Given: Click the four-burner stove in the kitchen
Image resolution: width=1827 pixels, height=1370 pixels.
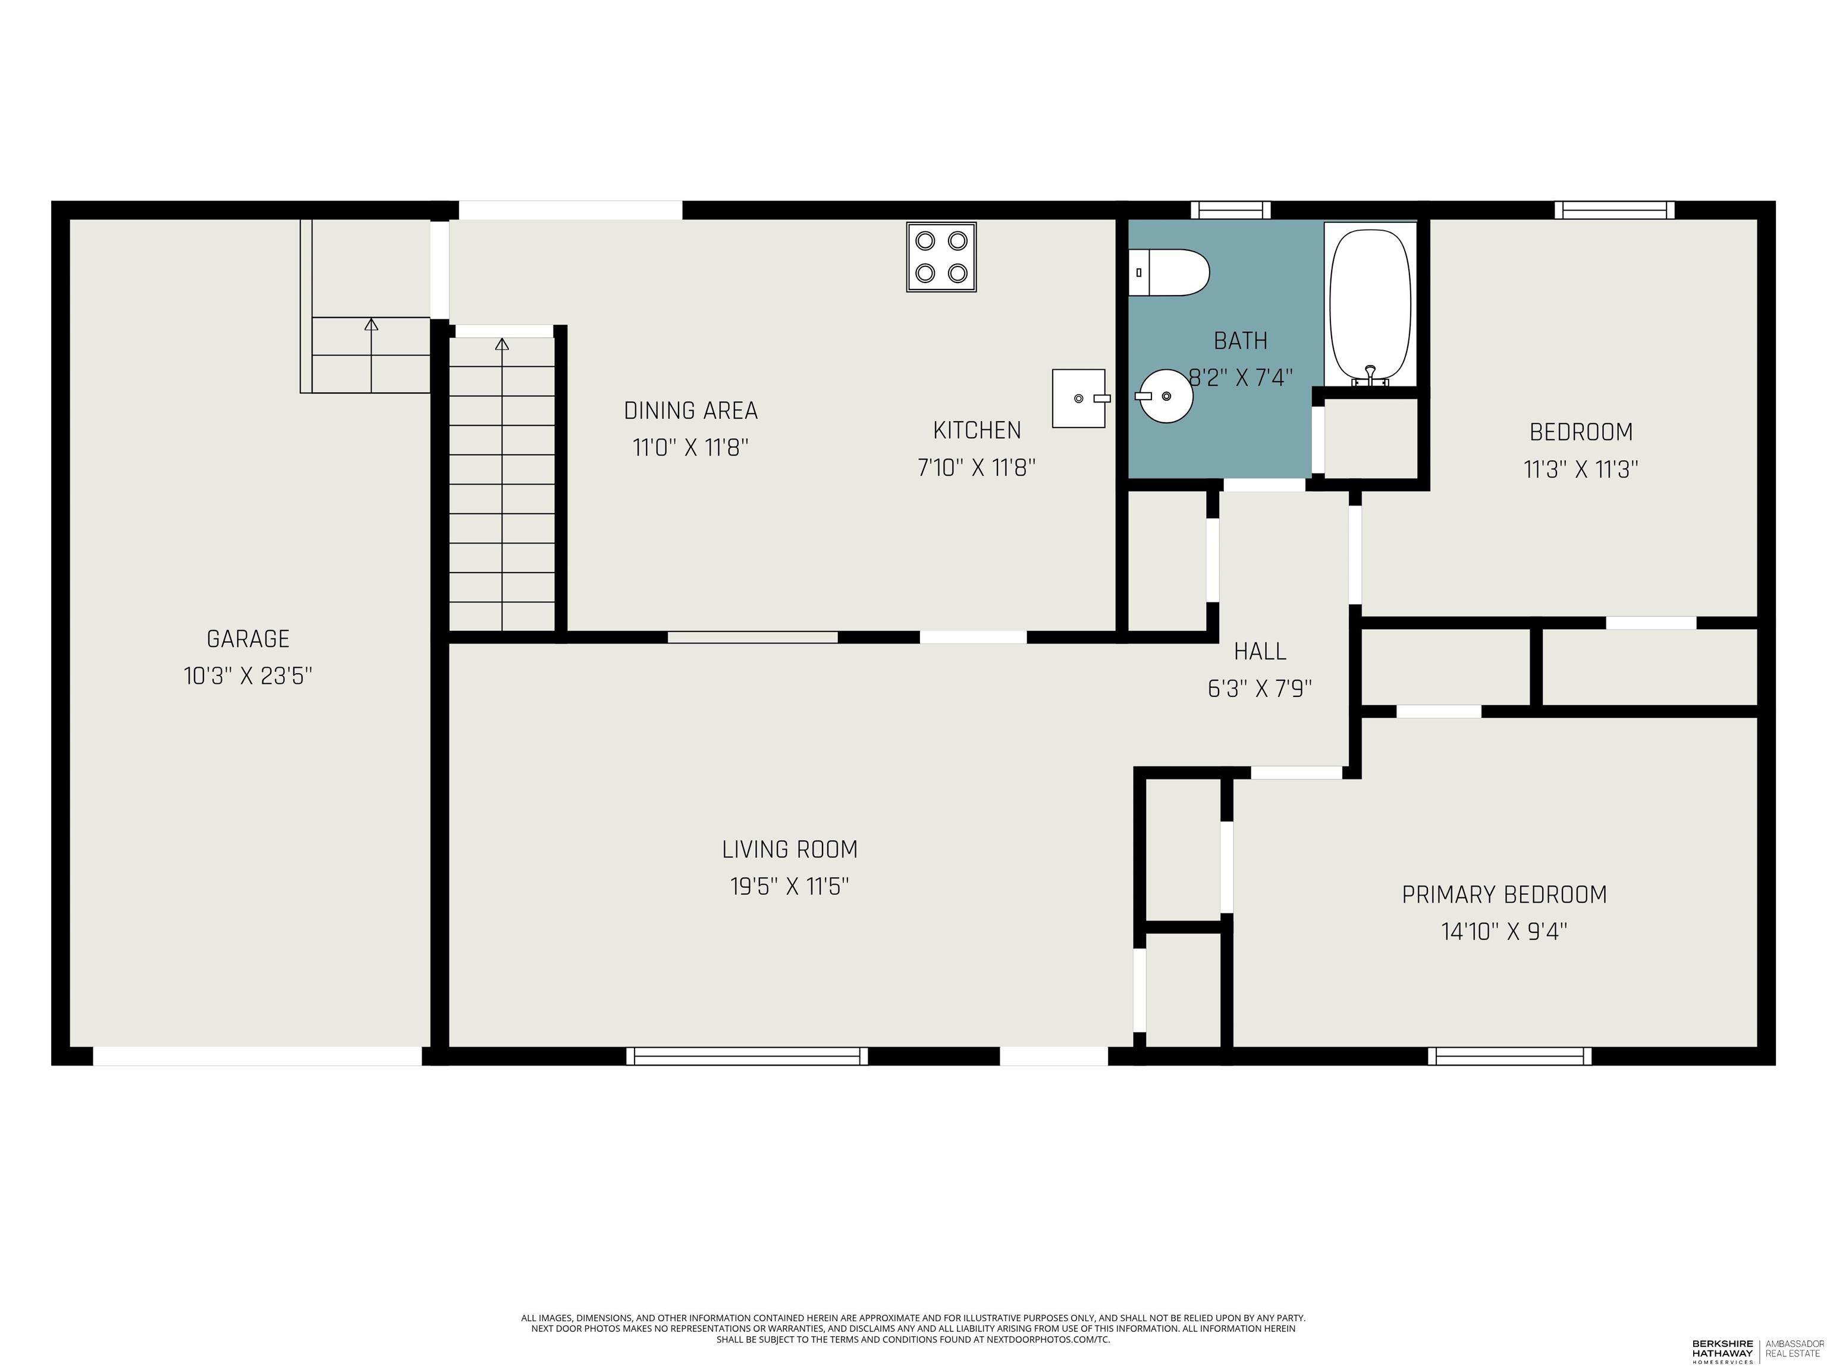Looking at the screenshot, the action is (941, 257).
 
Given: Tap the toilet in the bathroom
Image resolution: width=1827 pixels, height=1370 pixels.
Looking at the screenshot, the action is (1169, 272).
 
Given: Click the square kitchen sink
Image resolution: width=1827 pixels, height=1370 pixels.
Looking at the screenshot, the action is (1079, 398).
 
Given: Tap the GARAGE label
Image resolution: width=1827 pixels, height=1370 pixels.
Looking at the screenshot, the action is (248, 639).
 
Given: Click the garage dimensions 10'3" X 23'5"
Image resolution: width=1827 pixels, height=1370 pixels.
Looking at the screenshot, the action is (248, 676).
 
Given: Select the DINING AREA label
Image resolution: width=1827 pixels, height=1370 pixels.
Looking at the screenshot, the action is (690, 410).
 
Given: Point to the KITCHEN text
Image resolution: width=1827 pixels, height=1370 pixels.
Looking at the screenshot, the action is (977, 431).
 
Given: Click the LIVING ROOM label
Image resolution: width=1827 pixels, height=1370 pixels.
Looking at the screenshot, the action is (790, 849).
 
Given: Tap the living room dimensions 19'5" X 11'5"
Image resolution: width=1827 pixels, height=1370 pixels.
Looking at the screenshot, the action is (790, 886).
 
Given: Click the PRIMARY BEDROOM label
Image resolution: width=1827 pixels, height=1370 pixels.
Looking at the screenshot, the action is (1504, 894).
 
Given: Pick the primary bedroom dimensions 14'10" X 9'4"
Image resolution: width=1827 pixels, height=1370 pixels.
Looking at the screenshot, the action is (1504, 932).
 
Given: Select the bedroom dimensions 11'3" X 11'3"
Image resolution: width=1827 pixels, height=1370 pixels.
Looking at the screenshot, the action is (1581, 469).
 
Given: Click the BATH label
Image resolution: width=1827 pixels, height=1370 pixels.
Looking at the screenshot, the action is (1241, 340).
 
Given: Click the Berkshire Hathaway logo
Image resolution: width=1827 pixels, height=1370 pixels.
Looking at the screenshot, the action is (1722, 1351).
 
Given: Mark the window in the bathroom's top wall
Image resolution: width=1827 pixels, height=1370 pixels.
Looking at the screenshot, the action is (1230, 210).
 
